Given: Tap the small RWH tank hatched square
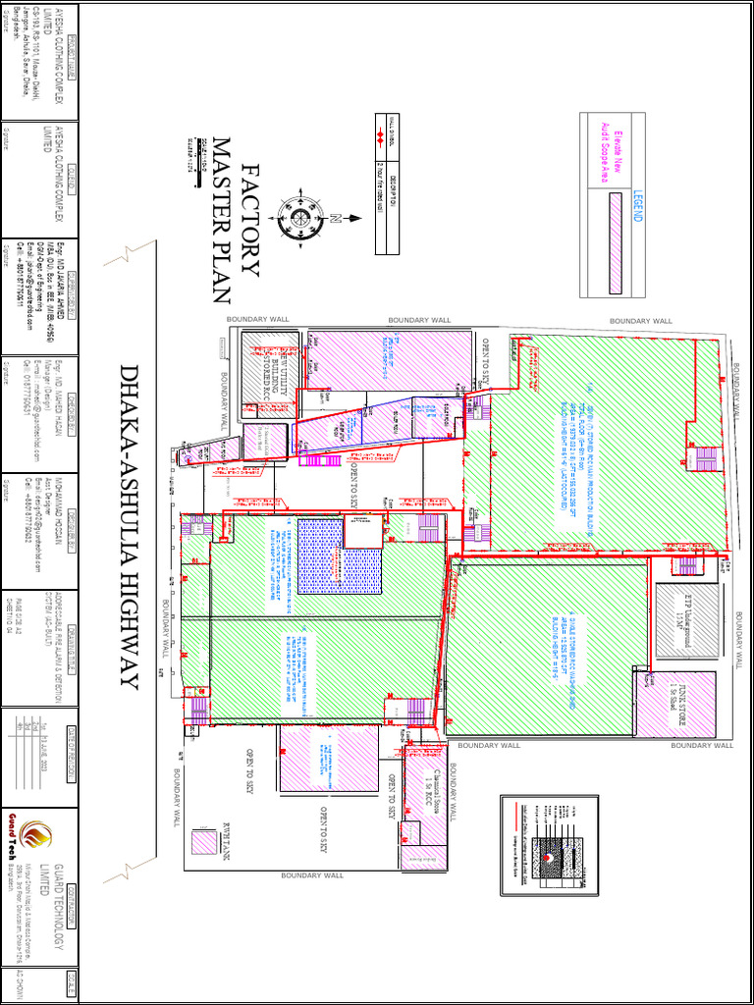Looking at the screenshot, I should (205, 841).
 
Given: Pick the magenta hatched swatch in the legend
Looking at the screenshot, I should (616, 241).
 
